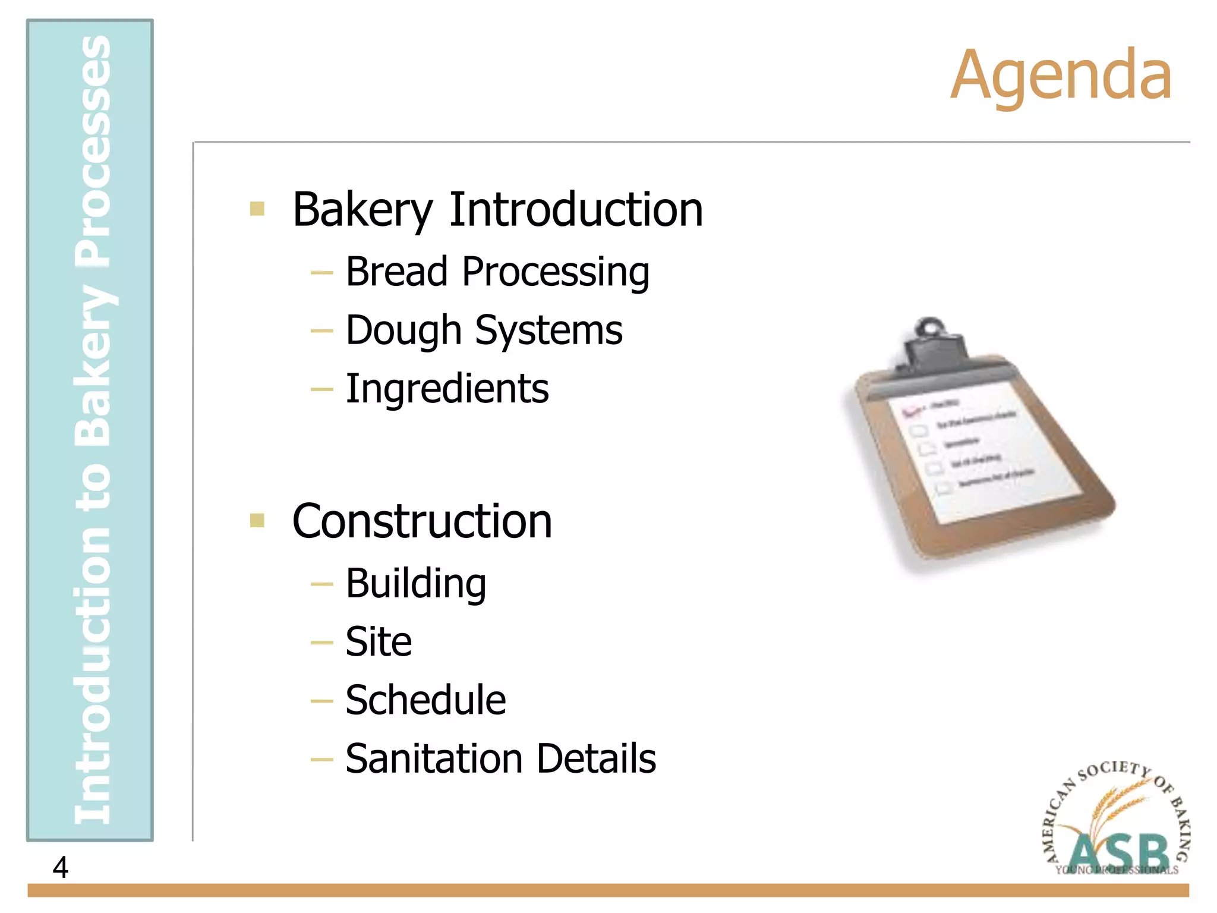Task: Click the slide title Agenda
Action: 1061,75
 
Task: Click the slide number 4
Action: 60,867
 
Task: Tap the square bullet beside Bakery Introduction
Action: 257,209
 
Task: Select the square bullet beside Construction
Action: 257,521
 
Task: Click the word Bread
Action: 396,272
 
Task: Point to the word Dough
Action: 403,330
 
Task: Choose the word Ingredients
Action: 447,389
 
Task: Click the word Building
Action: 415,583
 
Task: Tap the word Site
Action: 379,642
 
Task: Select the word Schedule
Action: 425,700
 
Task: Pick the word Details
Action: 597,759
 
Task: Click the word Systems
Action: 548,330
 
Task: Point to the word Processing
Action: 556,272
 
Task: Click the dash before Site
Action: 321,643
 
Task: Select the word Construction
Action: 422,521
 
